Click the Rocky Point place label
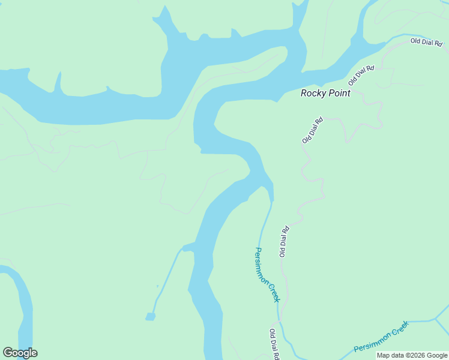point(325,93)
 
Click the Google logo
point(20,353)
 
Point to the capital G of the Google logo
point(8,353)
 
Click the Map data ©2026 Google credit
point(412,356)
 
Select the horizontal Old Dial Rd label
point(426,41)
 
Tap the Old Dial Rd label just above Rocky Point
point(361,75)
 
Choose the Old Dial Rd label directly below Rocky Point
point(313,130)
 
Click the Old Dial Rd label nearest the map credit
point(275,344)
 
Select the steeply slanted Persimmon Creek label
point(267,275)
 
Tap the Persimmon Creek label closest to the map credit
point(381,340)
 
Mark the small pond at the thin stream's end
point(150,316)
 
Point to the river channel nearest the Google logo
point(24,306)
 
